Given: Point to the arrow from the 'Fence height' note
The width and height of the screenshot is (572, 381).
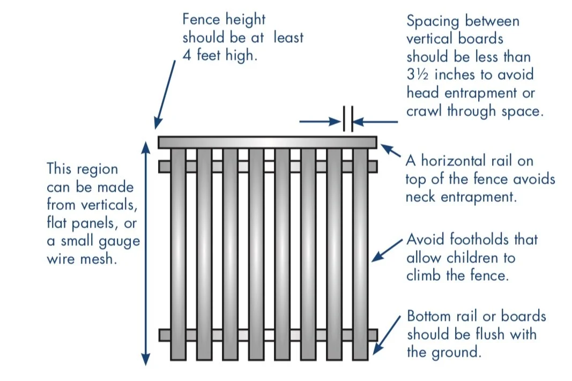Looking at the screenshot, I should click(x=166, y=94).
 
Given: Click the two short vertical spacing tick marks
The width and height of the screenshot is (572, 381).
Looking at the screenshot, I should click(x=347, y=119).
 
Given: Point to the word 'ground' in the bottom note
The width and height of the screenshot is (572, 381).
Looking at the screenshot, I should click(x=457, y=353).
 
